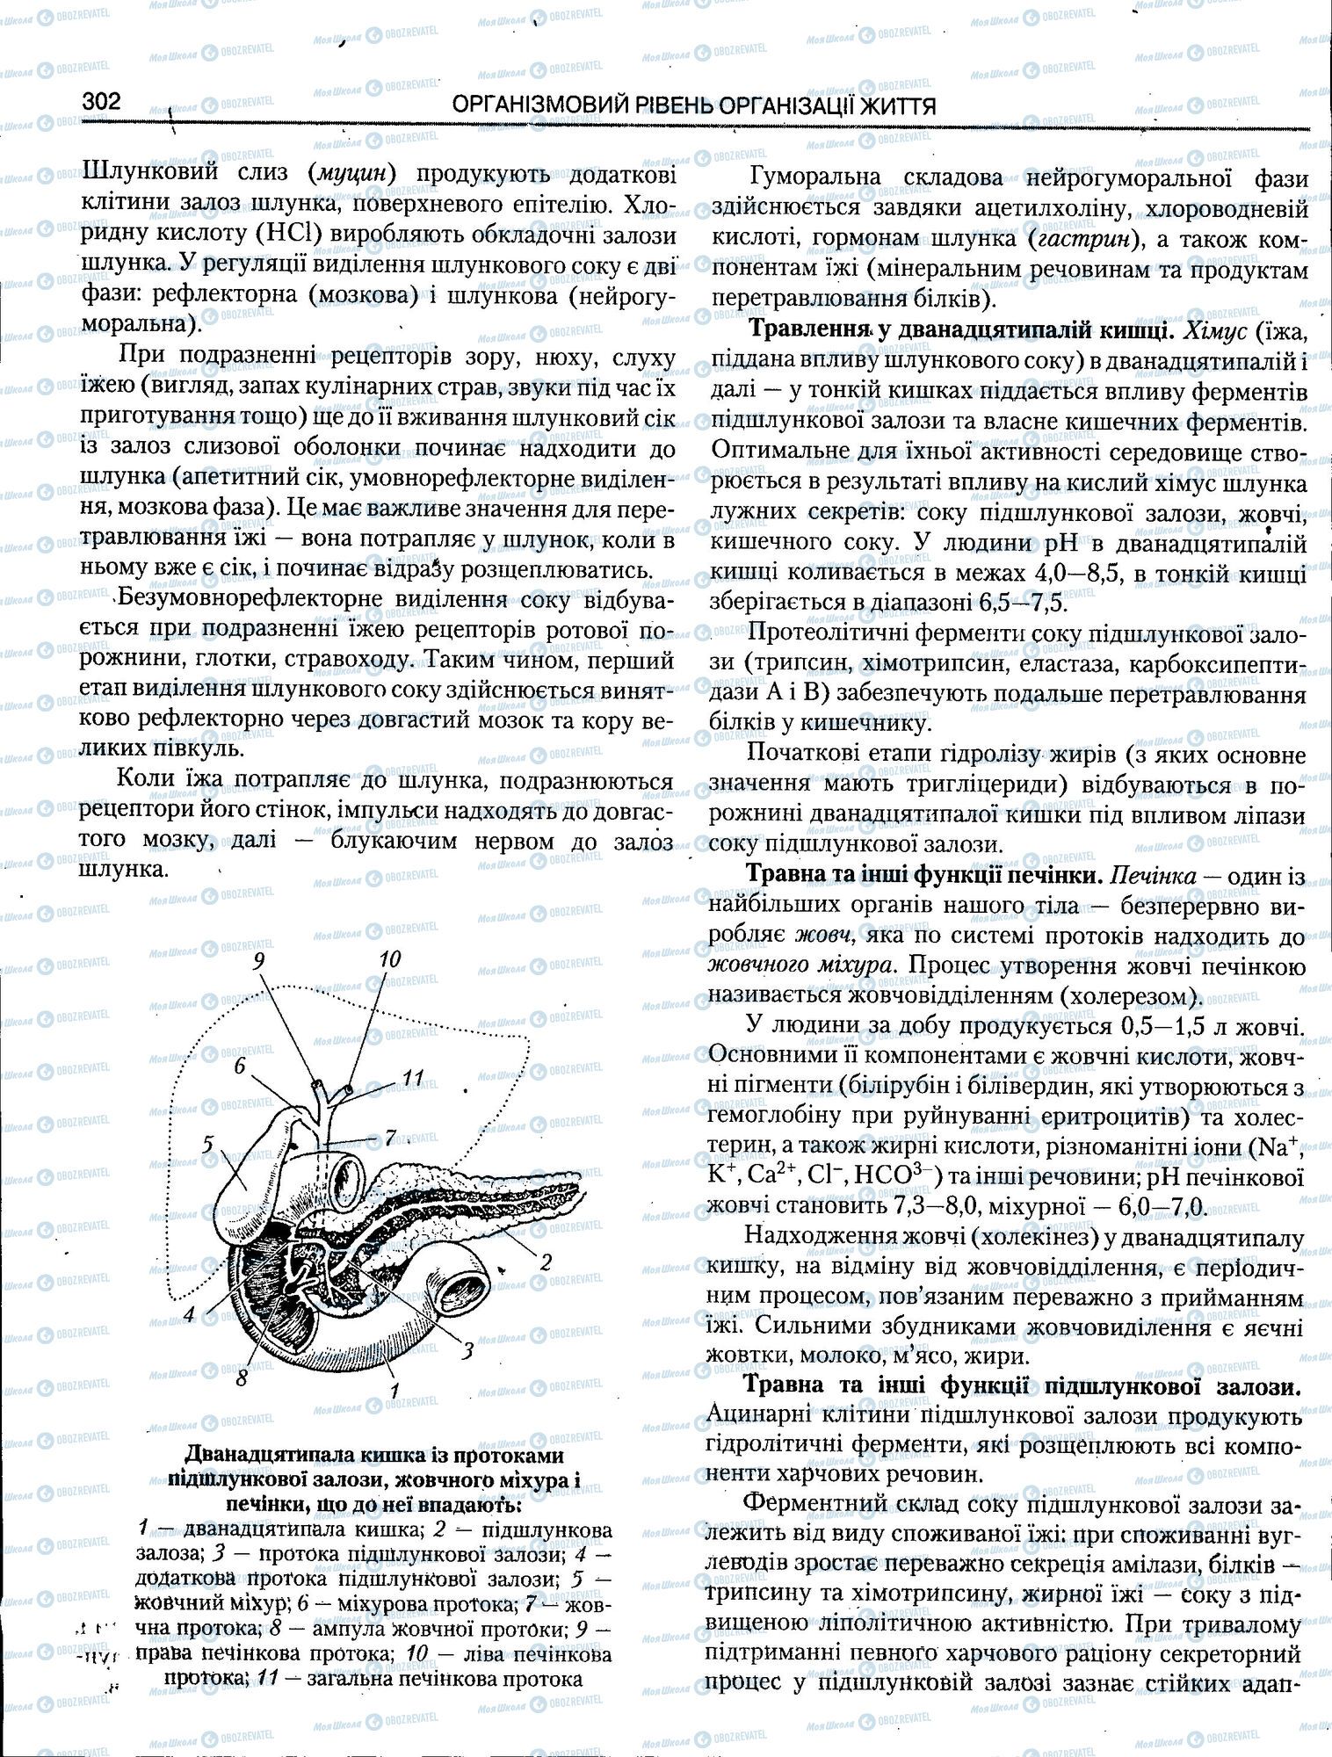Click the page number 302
click(x=101, y=102)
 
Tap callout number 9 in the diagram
click(x=258, y=960)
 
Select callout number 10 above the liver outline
click(x=389, y=958)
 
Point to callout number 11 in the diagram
click(x=413, y=1077)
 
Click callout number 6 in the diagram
click(x=238, y=1066)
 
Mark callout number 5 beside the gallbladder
click(x=207, y=1144)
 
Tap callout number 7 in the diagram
click(x=390, y=1138)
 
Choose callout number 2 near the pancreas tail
click(x=546, y=1262)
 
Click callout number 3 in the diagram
click(x=467, y=1349)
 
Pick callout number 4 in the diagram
click(x=188, y=1314)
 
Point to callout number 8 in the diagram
click(x=240, y=1378)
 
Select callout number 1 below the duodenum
click(x=395, y=1390)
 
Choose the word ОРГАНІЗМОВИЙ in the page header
click(x=530, y=106)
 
